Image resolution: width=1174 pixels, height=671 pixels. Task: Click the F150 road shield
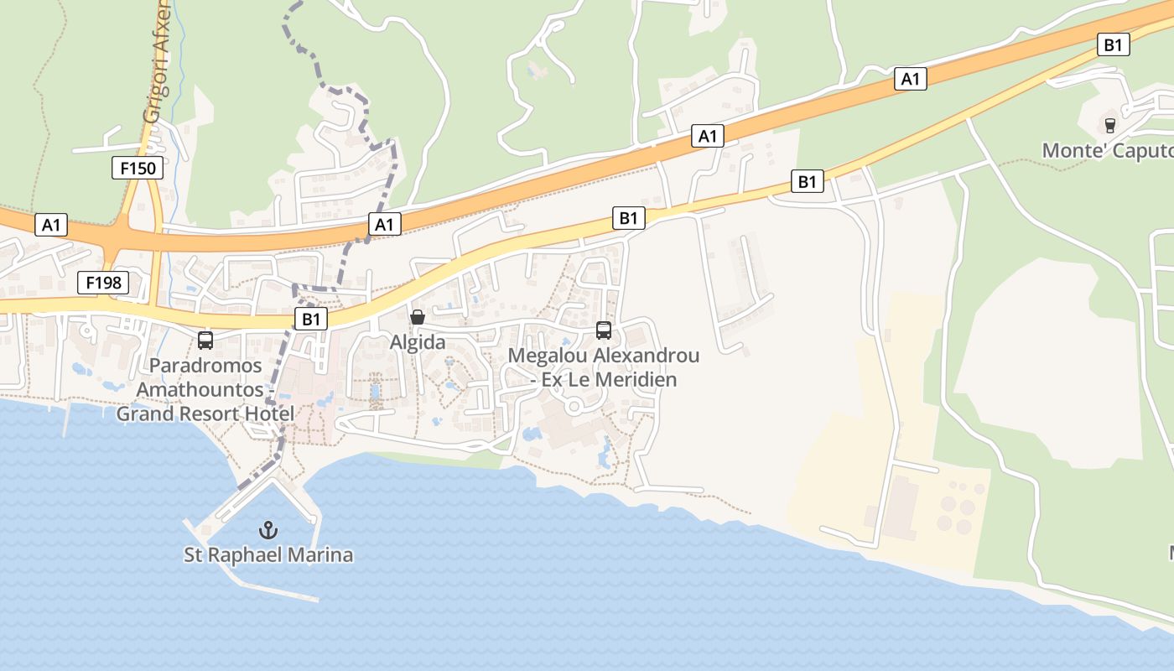click(138, 168)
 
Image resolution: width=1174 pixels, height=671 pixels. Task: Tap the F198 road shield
click(103, 283)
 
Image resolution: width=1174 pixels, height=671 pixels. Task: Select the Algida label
click(418, 342)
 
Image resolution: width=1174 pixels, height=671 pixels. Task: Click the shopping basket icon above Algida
click(418, 317)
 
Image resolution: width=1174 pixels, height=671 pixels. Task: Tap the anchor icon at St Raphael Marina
click(268, 529)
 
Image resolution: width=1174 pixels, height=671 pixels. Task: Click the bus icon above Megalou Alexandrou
click(604, 330)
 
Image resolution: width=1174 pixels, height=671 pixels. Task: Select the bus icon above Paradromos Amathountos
click(205, 340)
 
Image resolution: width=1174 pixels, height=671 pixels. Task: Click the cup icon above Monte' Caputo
click(1110, 126)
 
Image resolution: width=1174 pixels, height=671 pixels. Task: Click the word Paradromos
click(205, 367)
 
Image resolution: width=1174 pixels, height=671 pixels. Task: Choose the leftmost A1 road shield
click(52, 225)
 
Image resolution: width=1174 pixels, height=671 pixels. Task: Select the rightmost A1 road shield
click(910, 79)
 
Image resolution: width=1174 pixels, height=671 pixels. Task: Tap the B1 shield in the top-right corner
click(1113, 44)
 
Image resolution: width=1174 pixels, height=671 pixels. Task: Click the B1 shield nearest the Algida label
click(311, 319)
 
